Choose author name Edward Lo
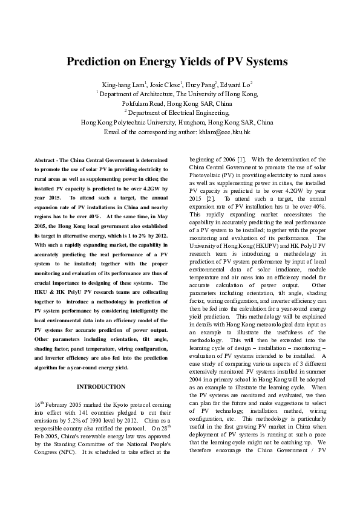(235, 84)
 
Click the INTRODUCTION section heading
(102, 386)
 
